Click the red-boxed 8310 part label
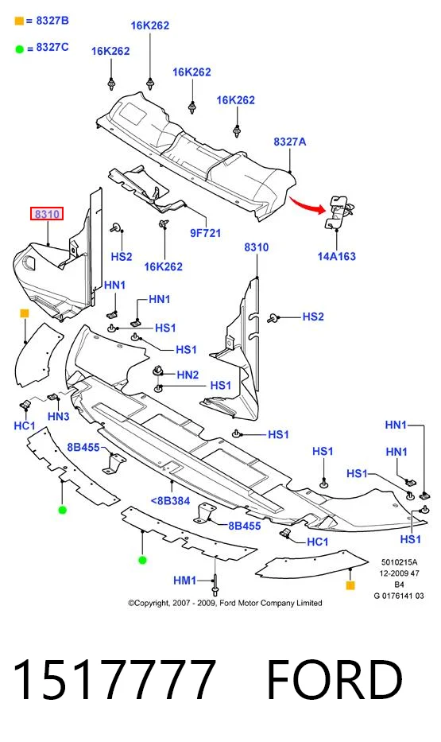tap(47, 214)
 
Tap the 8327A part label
tap(290, 142)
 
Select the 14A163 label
tap(337, 257)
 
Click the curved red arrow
tap(308, 204)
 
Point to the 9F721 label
tap(206, 233)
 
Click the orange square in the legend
tap(19, 21)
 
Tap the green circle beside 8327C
tap(19, 49)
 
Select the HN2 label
tap(188, 375)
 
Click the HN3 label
tap(59, 417)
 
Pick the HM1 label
tap(185, 581)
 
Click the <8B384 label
tap(170, 501)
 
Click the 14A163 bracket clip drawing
tap(339, 211)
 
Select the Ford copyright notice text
tap(225, 603)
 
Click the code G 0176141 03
tap(399, 596)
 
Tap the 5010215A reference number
tap(400, 562)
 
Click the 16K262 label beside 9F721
tap(163, 266)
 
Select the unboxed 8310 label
tap(257, 247)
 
